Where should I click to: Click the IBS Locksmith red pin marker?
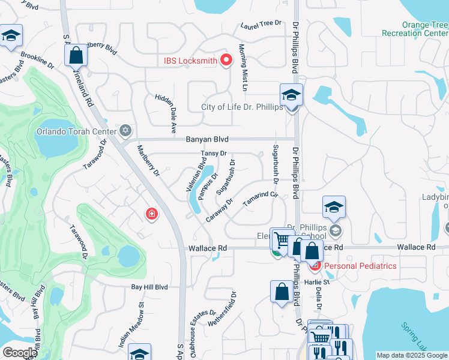[226, 59]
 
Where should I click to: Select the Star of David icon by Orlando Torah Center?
[125, 130]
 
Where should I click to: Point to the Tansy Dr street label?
[213, 154]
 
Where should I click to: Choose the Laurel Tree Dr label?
[261, 23]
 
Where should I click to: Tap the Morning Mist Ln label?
[244, 67]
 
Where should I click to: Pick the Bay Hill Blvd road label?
[149, 287]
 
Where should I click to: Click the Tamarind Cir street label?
[261, 199]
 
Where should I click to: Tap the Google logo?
[20, 353]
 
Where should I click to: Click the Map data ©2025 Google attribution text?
[412, 355]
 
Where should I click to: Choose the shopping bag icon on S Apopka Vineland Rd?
[76, 56]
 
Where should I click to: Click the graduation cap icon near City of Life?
[291, 95]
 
